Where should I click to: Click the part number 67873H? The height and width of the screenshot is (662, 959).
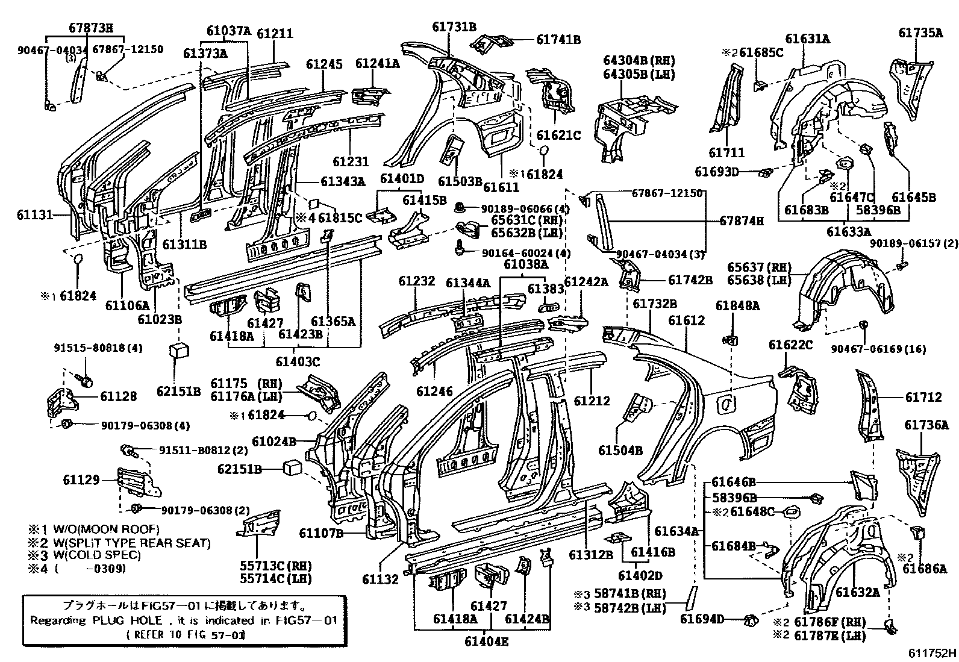coord(90,27)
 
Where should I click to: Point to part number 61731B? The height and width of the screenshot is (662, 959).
coord(454,27)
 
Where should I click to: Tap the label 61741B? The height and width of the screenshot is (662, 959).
coord(558,40)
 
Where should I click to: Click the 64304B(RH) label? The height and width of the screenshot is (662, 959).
coord(639,61)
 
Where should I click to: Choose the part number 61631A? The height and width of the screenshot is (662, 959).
coord(807,39)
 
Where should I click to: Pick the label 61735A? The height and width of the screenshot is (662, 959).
coord(920,33)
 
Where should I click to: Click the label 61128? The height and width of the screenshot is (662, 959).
coord(118,396)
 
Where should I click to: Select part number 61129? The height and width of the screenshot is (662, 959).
coord(81,479)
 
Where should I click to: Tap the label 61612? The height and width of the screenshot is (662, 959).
coord(686,321)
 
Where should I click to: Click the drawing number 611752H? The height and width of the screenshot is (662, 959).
coord(932,653)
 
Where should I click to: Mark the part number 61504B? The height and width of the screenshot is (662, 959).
coord(620,450)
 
